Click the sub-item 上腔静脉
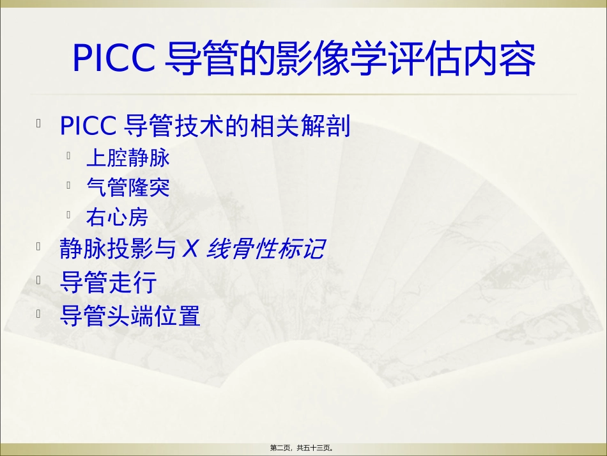click(128, 157)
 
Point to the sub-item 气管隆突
click(128, 187)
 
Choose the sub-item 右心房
click(117, 218)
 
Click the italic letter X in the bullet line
click(190, 249)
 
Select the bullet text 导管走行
click(107, 282)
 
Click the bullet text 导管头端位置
click(130, 315)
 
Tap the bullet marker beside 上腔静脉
click(68, 155)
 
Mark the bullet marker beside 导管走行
click(40, 280)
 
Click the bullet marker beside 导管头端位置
click(40, 313)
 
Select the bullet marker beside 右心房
click(68, 216)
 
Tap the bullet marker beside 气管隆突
click(68, 185)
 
